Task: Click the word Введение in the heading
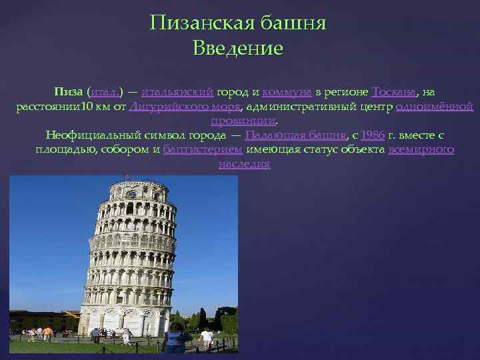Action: pos(238,49)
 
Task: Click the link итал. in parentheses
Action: pos(107,91)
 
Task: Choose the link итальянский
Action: pos(177,91)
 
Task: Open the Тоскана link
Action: pos(395,91)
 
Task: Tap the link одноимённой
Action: pos(434,106)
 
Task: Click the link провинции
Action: pos(243,121)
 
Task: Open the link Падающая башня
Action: pos(295,135)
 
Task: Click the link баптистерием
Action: pos(203,150)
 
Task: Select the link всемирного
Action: pos(421,150)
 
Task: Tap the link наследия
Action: pos(244,164)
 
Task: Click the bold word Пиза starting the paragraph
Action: pos(69,91)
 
